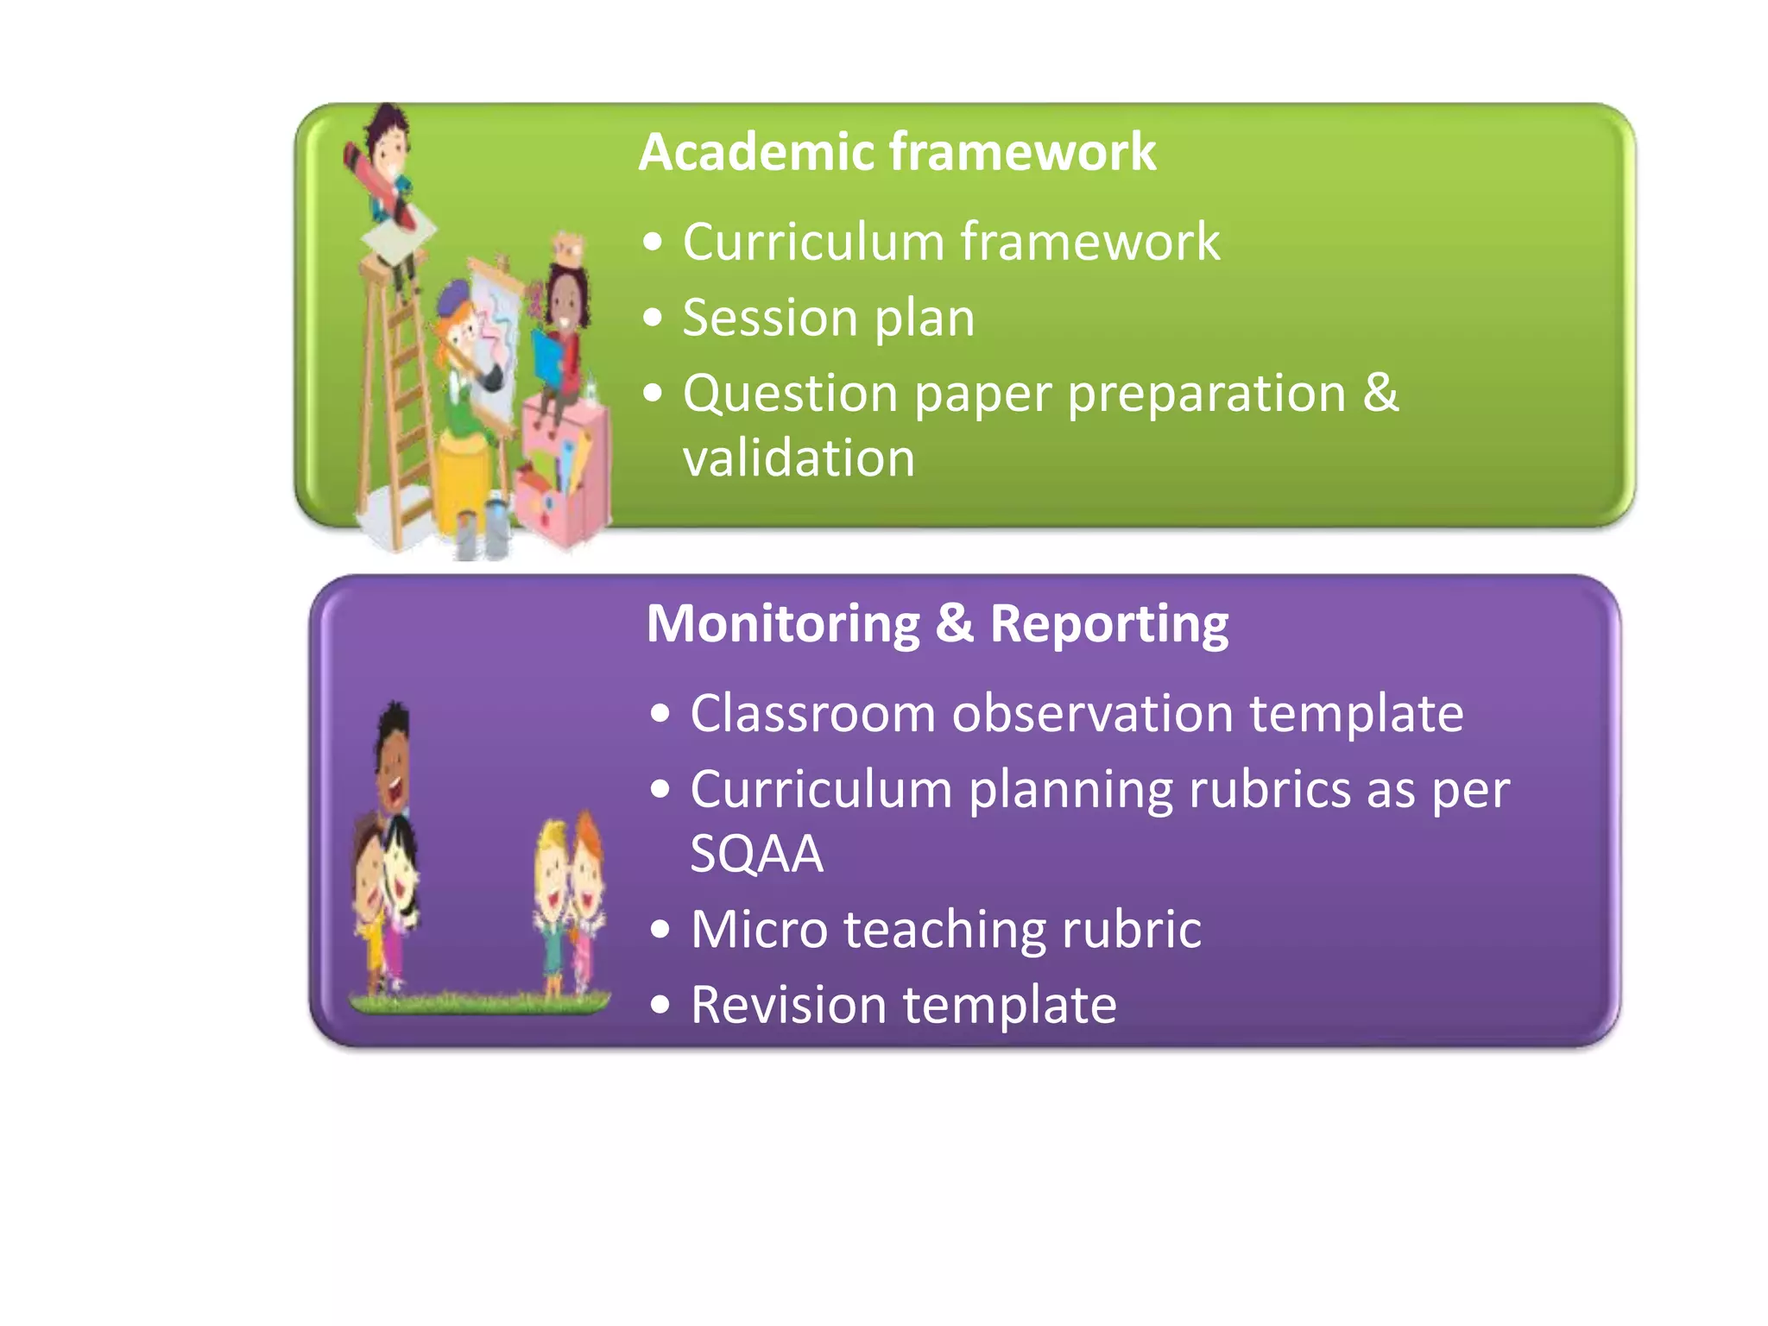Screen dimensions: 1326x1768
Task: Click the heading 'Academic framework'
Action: (896, 153)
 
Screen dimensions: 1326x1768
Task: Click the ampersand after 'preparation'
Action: (1380, 393)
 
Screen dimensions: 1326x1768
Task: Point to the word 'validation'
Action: (799, 458)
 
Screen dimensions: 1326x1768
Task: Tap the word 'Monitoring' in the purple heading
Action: (783, 623)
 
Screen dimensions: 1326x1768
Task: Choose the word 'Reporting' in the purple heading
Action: (1109, 625)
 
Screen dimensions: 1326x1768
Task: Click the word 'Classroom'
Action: (812, 714)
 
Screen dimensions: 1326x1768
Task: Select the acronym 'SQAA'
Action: (757, 854)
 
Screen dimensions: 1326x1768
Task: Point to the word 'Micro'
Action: (759, 930)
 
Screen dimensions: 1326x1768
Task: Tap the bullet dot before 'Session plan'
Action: (654, 319)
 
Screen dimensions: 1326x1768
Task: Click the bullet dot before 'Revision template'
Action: (660, 1005)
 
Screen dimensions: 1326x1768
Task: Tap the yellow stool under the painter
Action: (466, 475)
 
